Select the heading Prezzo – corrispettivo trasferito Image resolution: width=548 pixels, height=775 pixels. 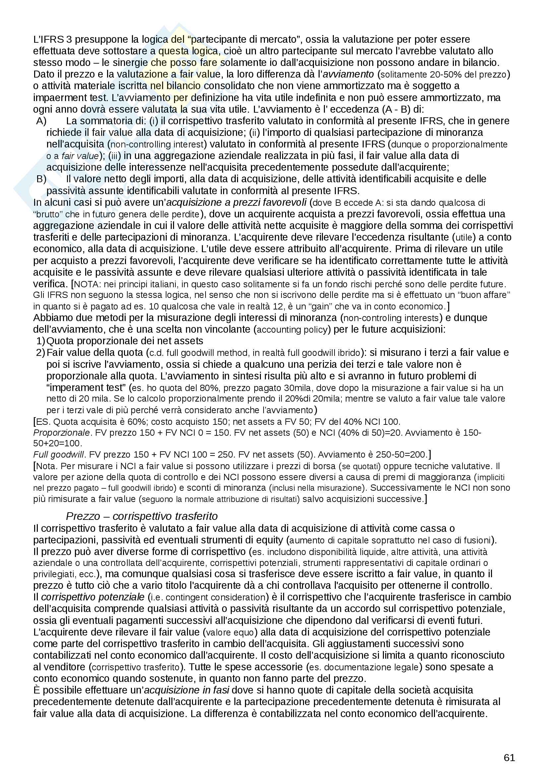click(x=142, y=516)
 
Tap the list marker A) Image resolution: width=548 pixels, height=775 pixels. click(x=41, y=121)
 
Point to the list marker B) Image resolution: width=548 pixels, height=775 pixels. click(x=41, y=179)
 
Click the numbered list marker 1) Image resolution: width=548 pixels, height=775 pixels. click(x=40, y=341)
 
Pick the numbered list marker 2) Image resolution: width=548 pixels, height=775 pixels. click(x=40, y=353)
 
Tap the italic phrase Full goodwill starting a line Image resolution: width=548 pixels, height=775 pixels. click(x=58, y=455)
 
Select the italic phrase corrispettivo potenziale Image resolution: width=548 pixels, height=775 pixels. click(x=93, y=597)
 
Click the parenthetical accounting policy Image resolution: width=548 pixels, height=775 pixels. click(x=292, y=329)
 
